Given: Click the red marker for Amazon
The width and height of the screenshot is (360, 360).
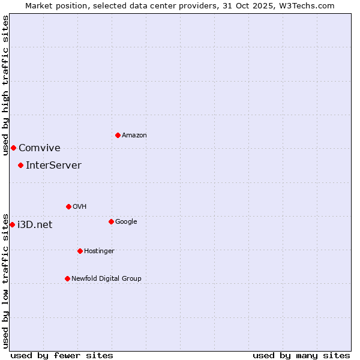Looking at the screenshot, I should click(118, 135).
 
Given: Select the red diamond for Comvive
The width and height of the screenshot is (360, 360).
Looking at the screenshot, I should click(13, 148).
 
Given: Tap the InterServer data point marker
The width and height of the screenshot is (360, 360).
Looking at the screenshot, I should click(20, 165).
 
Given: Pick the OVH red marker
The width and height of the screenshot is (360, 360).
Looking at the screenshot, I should click(68, 206).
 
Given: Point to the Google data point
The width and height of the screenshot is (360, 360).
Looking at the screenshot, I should click(111, 221).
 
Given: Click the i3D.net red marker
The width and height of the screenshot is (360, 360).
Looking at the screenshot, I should click(12, 224).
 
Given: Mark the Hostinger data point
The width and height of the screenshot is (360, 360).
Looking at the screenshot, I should click(80, 251).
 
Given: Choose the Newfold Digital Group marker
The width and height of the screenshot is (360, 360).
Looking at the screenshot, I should click(67, 278).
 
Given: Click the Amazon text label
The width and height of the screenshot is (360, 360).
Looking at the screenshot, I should click(134, 136).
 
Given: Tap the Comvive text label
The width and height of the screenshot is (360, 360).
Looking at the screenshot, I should click(40, 148).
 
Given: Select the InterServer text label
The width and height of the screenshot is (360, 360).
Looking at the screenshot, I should click(53, 166).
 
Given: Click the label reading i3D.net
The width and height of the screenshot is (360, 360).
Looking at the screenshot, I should click(35, 225).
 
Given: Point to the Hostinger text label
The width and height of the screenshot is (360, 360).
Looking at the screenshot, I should click(99, 251).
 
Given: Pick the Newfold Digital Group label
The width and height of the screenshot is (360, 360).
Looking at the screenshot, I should click(106, 278).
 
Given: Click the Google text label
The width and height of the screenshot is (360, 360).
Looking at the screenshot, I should click(126, 222).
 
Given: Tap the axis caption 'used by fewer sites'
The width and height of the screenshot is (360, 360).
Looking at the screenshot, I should click(62, 355).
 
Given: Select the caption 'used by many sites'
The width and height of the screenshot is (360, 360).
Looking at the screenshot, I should click(301, 355).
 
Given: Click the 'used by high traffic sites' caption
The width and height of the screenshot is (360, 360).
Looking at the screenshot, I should click(5, 85).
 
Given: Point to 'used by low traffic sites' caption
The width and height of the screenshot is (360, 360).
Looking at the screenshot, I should click(5, 280).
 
